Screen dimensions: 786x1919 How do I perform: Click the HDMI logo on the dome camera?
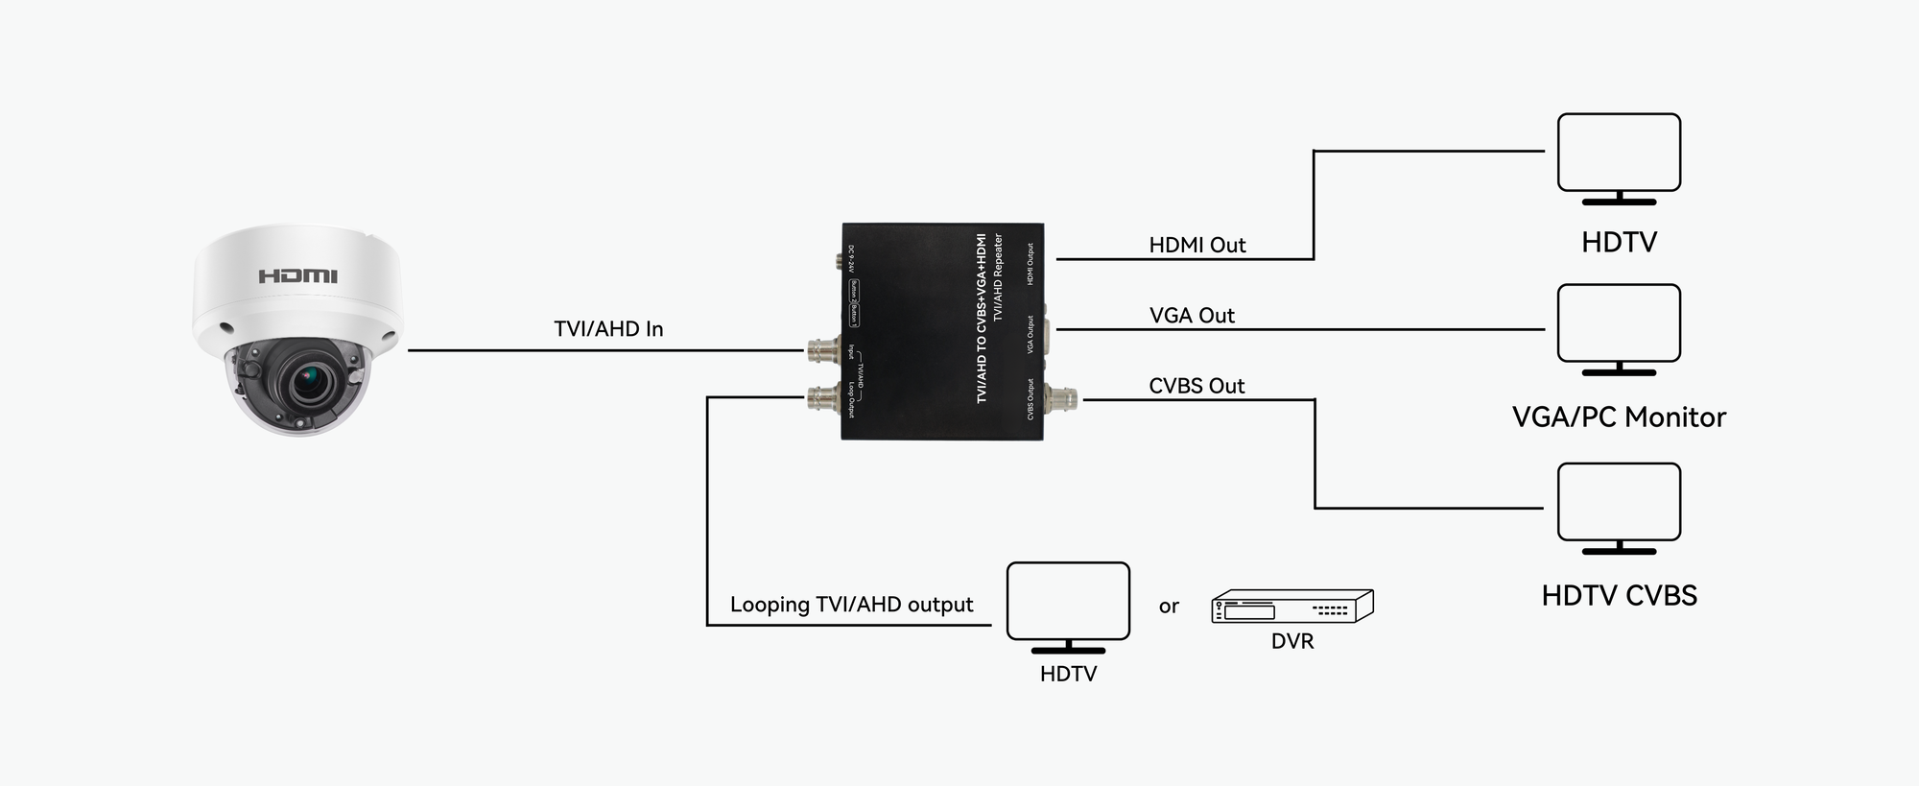(x=297, y=276)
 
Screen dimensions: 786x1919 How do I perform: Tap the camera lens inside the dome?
(x=309, y=381)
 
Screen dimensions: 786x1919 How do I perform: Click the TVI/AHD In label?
(x=608, y=329)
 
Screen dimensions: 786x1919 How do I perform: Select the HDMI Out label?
(x=1196, y=246)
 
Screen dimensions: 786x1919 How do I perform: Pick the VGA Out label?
(x=1192, y=316)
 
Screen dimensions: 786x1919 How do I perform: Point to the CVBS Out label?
(x=1196, y=386)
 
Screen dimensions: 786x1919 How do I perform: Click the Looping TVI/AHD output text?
(x=851, y=605)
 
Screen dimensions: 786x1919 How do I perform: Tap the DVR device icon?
(x=1291, y=607)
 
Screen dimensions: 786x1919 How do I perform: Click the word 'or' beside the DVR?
(x=1168, y=607)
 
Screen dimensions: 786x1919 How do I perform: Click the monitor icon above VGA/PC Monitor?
(x=1619, y=324)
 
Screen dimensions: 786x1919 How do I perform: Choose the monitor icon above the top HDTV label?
(x=1619, y=154)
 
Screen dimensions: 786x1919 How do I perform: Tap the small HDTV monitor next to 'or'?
(x=1068, y=603)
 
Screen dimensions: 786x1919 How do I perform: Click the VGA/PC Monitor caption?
(x=1619, y=417)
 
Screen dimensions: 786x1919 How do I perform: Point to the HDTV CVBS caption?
(x=1619, y=596)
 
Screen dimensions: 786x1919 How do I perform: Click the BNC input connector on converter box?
(x=823, y=351)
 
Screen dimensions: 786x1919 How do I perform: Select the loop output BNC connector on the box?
(x=823, y=397)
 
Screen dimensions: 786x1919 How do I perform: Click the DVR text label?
(x=1291, y=641)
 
